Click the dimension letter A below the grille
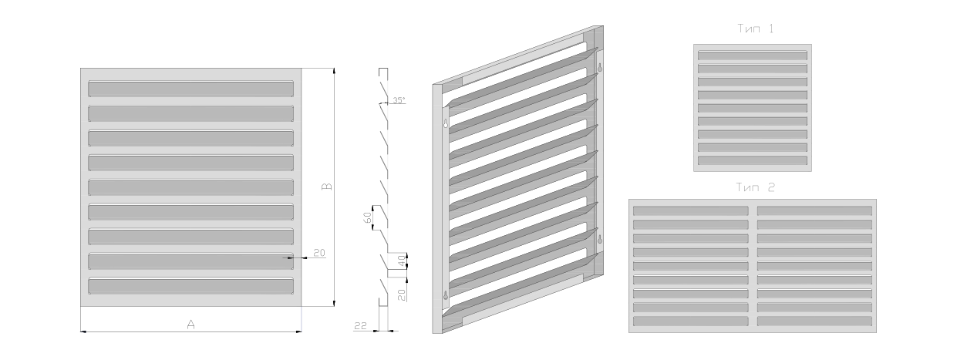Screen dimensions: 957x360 pos(191,325)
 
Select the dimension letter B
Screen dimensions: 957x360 pos(327,187)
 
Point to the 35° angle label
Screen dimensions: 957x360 pos(399,100)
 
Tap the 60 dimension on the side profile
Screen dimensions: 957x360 pos(367,218)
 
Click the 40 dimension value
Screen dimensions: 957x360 pos(402,261)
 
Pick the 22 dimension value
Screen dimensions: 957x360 pos(361,326)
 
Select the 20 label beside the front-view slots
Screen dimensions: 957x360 pos(319,253)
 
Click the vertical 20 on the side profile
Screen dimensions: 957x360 pos(402,294)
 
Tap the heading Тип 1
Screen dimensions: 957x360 pos(756,29)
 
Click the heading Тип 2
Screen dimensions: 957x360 pos(756,187)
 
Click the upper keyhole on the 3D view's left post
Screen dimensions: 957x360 pos(446,123)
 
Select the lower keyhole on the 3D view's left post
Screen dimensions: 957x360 pos(446,295)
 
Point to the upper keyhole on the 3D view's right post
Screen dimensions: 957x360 pos(600,67)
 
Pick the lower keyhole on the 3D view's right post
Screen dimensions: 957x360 pos(600,239)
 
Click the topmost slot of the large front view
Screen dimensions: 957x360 pos(191,89)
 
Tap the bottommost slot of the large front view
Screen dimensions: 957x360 pos(191,286)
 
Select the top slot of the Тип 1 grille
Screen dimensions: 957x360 pos(753,56)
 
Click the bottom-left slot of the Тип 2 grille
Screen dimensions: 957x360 pos(691,321)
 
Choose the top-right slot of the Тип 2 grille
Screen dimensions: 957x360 pos(815,211)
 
